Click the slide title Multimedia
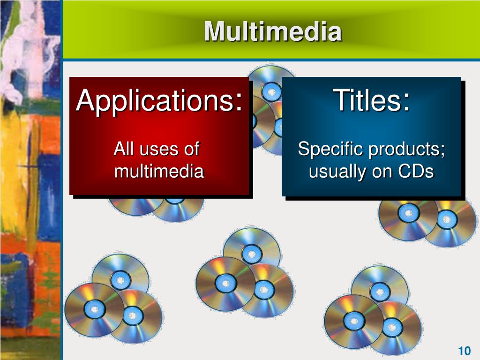[x=273, y=32]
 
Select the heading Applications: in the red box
[x=159, y=100]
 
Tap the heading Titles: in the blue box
[x=372, y=100]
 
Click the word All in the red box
[x=124, y=150]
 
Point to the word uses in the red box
[x=158, y=150]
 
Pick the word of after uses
[x=191, y=150]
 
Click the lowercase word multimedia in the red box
[x=159, y=172]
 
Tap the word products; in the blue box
[x=406, y=150]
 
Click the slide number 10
[x=464, y=351]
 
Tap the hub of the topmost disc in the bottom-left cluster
[x=120, y=280]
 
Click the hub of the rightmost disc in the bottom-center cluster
[x=264, y=290]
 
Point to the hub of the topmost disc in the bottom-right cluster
[x=380, y=292]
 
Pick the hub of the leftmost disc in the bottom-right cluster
[x=354, y=321]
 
